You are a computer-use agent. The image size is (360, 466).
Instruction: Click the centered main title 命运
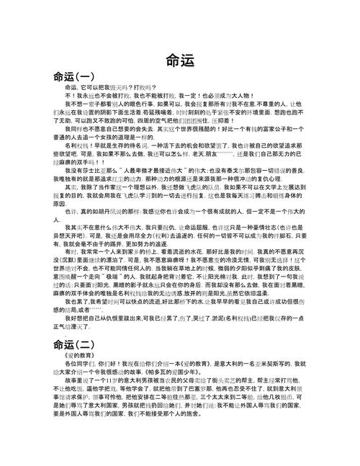[180, 61]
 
